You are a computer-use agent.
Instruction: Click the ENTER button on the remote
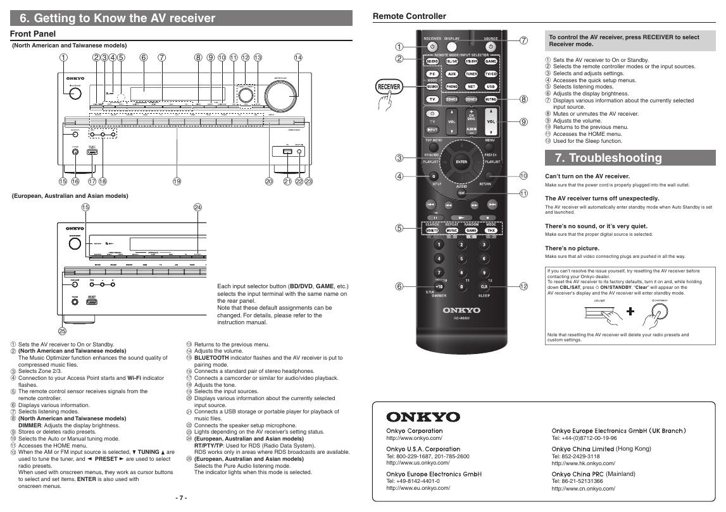pyautogui.click(x=461, y=162)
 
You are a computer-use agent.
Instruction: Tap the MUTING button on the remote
pyautogui.click(x=490, y=99)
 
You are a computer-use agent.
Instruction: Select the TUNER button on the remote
pyautogui.click(x=471, y=74)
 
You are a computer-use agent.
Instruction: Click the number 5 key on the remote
pyautogui.click(x=461, y=258)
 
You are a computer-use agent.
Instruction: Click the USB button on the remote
pyautogui.click(x=491, y=86)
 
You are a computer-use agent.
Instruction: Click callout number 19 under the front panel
pyautogui.click(x=177, y=181)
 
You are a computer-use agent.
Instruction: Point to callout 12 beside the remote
pyautogui.click(x=523, y=286)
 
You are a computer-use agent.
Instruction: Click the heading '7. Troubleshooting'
pyautogui.click(x=598, y=158)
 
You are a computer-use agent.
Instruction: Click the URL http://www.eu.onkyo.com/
pyautogui.click(x=413, y=488)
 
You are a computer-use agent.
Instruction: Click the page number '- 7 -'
pyautogui.click(x=181, y=498)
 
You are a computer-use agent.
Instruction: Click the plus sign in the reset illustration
pyautogui.click(x=630, y=312)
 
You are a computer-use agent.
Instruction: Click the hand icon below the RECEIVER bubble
pyautogui.click(x=385, y=103)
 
